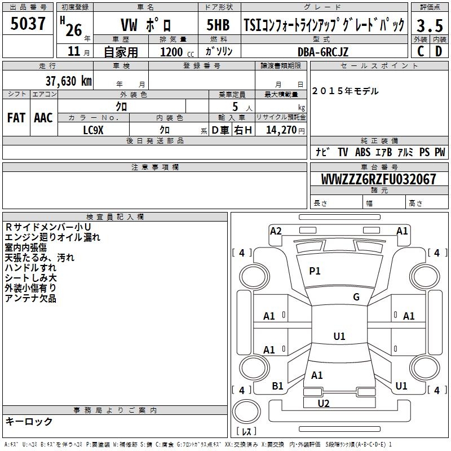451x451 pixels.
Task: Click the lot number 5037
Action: point(28,24)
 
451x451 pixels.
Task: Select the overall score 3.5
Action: point(429,25)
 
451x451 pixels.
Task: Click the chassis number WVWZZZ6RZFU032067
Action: point(379,180)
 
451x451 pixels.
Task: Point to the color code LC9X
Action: point(94,130)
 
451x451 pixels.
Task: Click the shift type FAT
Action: point(16,118)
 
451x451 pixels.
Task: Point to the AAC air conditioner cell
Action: point(43,118)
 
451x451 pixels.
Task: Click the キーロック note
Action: point(29,421)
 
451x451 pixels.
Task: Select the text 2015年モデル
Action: point(345,91)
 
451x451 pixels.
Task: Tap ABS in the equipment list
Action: point(363,152)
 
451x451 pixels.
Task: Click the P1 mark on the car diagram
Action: point(315,271)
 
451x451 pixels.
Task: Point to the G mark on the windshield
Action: point(356,297)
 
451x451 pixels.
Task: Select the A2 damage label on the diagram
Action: point(276,231)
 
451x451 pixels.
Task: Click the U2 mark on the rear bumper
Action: point(324,403)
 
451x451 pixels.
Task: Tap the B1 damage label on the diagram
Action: point(277,386)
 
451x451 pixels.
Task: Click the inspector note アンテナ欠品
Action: point(30,298)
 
